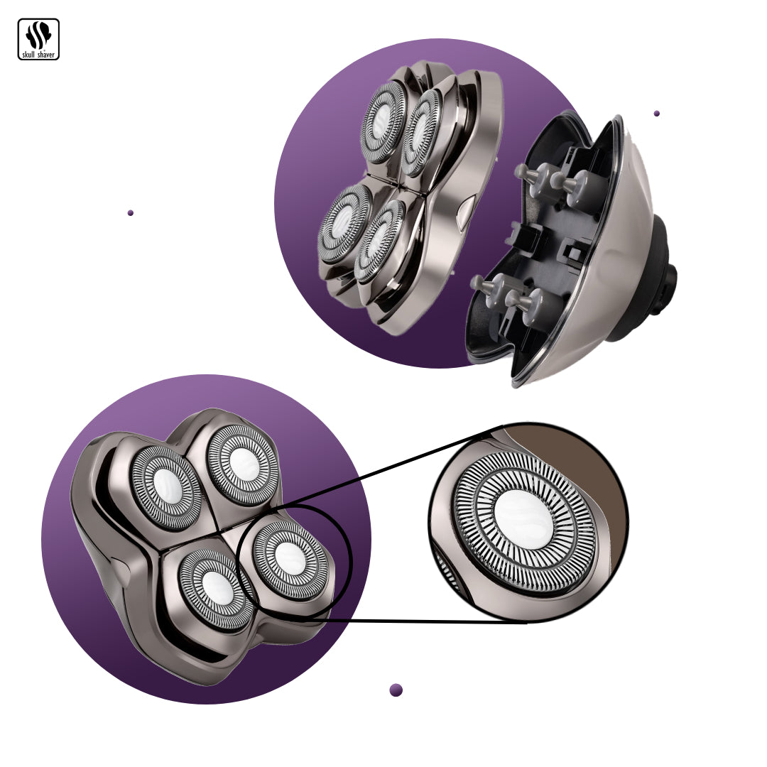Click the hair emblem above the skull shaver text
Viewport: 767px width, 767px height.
point(38,36)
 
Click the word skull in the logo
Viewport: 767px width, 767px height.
point(28,55)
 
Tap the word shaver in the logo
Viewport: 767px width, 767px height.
point(46,55)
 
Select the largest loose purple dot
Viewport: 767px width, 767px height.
point(396,690)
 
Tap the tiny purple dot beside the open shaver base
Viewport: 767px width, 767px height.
point(656,114)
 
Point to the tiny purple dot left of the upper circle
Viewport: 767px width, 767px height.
point(131,213)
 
